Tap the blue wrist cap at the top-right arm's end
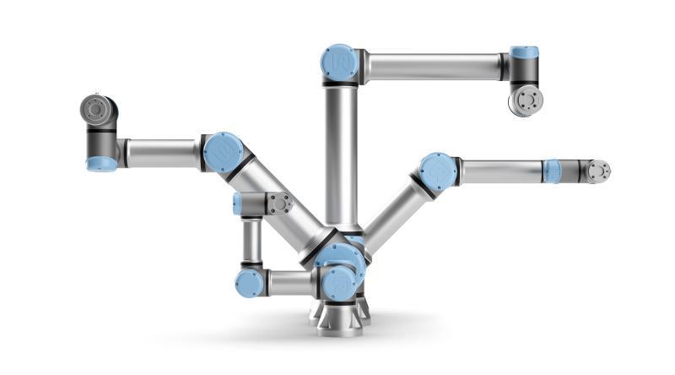(x=524, y=53)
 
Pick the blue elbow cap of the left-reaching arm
(x=224, y=153)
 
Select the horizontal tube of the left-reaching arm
(x=161, y=153)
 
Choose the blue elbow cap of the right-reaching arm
(x=438, y=171)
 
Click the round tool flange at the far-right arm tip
(x=598, y=171)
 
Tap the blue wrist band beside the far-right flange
(x=553, y=171)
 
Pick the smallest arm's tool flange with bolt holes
(x=279, y=204)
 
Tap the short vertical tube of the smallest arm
(x=251, y=242)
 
